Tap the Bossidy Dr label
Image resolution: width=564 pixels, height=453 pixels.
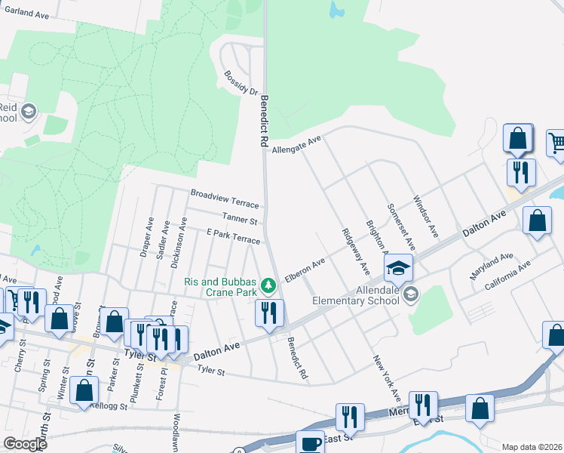[241, 83]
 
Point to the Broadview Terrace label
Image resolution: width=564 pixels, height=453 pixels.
[225, 199]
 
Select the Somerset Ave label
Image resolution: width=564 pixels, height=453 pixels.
[401, 226]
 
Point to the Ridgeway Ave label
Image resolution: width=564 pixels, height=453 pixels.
[356, 251]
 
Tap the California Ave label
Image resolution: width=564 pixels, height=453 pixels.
[507, 275]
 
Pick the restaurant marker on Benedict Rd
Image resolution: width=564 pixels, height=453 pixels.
[269, 312]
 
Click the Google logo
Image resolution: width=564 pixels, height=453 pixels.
[25, 444]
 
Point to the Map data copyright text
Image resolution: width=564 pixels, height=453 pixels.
[532, 447]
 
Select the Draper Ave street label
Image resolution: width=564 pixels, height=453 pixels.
[147, 239]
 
